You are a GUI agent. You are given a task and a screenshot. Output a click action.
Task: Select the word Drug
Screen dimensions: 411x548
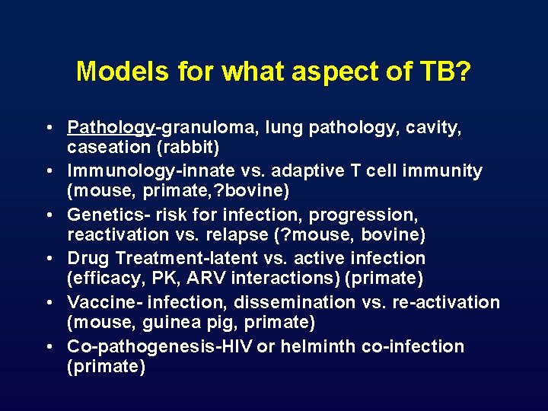(x=87, y=259)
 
